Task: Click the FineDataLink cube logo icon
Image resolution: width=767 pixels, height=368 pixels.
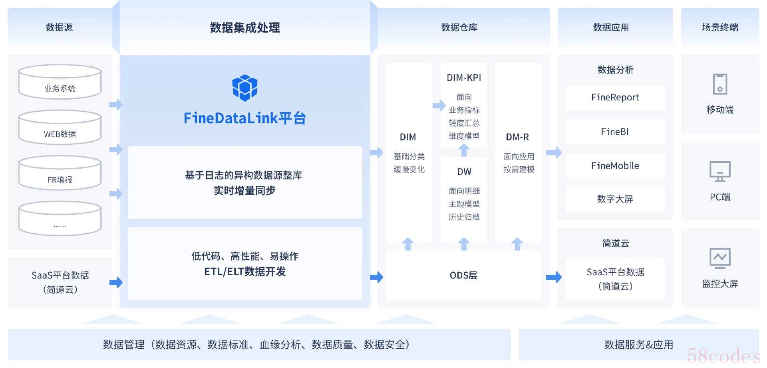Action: [244, 88]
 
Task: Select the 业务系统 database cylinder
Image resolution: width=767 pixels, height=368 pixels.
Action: [60, 82]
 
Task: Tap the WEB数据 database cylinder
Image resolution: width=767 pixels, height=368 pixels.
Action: [60, 128]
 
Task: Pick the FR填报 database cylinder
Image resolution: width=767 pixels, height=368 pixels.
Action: [60, 173]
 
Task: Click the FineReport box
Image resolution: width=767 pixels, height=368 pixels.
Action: [615, 97]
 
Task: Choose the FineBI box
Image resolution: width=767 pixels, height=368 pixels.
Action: [615, 132]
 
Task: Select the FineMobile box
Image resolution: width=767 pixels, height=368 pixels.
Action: [615, 166]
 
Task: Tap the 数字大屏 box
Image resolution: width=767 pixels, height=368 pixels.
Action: [615, 199]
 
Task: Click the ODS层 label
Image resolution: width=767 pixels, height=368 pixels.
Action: [463, 275]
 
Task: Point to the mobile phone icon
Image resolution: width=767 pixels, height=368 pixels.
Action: [720, 84]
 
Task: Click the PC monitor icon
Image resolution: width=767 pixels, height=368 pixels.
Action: [720, 172]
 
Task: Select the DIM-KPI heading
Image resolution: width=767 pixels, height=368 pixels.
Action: [464, 78]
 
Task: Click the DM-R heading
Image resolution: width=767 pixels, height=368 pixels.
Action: [517, 137]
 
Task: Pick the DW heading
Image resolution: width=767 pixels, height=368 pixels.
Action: [464, 172]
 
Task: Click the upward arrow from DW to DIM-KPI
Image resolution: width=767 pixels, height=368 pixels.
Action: [464, 150]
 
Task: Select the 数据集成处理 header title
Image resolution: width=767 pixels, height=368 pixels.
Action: [245, 28]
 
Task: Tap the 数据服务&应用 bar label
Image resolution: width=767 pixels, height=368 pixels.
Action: [638, 345]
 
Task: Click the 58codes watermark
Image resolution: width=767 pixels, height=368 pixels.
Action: [724, 356]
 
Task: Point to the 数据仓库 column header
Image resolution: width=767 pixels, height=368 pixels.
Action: [459, 27]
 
